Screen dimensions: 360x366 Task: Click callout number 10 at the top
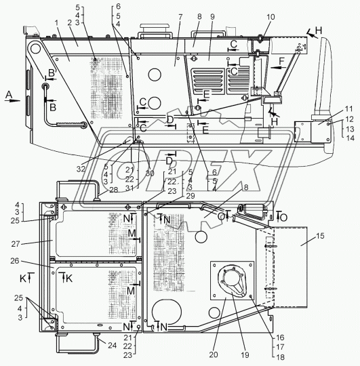(271, 17)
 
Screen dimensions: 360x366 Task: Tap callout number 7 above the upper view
(180, 17)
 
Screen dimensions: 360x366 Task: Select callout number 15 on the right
(320, 236)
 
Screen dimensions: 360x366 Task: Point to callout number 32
(81, 169)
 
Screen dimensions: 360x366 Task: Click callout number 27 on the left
(16, 244)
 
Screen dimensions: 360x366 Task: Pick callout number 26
(15, 261)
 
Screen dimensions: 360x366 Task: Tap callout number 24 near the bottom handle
(112, 345)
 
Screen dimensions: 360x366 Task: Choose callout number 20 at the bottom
(214, 354)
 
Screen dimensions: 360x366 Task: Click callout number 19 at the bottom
(245, 354)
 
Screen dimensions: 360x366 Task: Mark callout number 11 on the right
(348, 109)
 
